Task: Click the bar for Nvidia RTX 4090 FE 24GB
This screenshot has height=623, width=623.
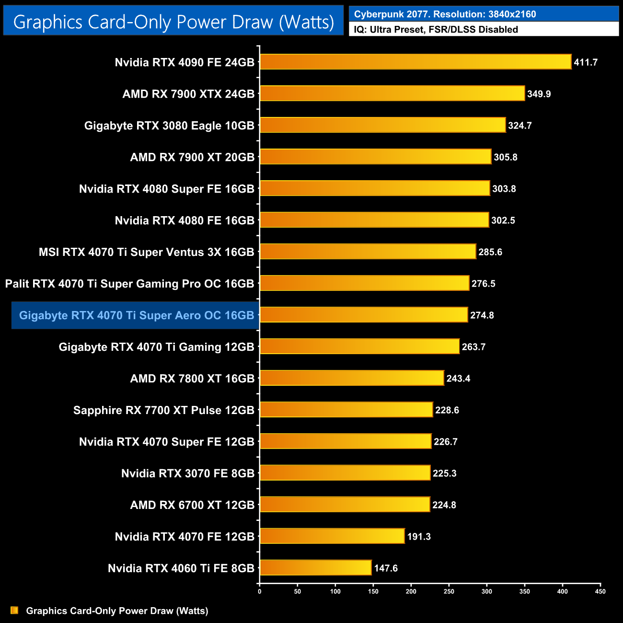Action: point(415,62)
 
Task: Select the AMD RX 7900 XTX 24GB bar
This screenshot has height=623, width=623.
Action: point(392,93)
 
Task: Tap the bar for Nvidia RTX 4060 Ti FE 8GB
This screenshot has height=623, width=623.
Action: point(315,568)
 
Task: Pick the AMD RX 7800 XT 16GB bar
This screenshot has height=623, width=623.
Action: point(352,378)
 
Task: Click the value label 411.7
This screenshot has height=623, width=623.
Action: point(586,62)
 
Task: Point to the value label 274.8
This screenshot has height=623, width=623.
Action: point(482,315)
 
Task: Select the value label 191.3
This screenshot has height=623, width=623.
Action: point(419,537)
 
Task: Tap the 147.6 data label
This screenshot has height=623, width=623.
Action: point(386,568)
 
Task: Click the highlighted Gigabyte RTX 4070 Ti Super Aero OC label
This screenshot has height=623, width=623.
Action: point(136,315)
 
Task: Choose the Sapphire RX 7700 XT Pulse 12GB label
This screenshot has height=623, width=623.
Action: point(163,410)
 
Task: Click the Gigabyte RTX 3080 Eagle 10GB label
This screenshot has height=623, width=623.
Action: point(169,126)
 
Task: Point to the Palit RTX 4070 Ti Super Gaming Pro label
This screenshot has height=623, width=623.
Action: point(129,284)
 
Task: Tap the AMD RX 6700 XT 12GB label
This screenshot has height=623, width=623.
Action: point(192,505)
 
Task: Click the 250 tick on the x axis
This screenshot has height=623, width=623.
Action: point(449,591)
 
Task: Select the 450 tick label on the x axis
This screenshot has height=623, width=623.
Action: point(600,591)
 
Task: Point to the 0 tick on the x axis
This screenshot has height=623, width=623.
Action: point(260,591)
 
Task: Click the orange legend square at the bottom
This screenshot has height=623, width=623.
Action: point(14,610)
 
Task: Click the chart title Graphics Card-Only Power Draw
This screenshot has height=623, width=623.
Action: point(173,22)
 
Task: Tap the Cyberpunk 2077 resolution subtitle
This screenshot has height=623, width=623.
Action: point(445,14)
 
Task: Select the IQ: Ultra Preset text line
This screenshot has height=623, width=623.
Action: point(436,30)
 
